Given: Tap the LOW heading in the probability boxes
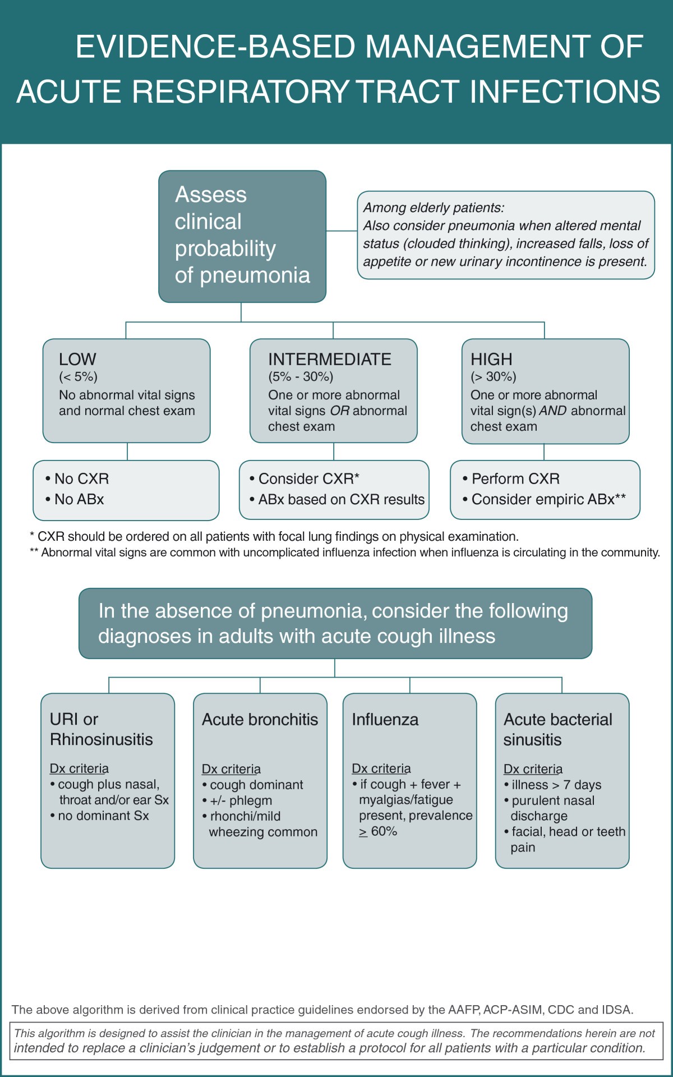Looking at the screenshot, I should coord(77,359).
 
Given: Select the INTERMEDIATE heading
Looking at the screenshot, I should coord(330,359).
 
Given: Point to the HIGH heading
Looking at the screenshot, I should coord(491,359).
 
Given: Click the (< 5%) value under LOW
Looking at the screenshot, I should coord(78,376).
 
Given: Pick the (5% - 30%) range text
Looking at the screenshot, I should coord(301,376).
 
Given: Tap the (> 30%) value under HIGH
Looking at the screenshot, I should coord(494,376).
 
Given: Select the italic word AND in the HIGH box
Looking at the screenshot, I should coord(552,411).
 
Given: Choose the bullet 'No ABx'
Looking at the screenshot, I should coord(79,499).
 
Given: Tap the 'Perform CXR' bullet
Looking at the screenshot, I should coord(515,478).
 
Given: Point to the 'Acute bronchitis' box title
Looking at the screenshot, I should coord(260,719).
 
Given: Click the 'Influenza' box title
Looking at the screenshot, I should coord(385,719).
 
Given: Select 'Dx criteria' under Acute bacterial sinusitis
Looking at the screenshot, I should coord(533,768).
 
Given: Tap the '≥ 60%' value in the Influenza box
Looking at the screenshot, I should coord(379,831).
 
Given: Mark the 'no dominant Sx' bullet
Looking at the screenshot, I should coord(103,816).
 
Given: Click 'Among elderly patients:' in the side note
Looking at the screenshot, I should coord(434,208).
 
